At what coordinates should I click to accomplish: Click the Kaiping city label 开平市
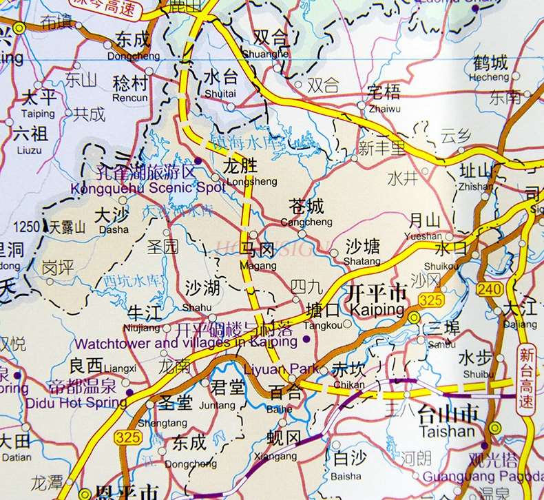click(x=377, y=293)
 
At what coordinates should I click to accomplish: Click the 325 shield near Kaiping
click(x=430, y=300)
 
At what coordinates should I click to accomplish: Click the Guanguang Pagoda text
click(x=481, y=475)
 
